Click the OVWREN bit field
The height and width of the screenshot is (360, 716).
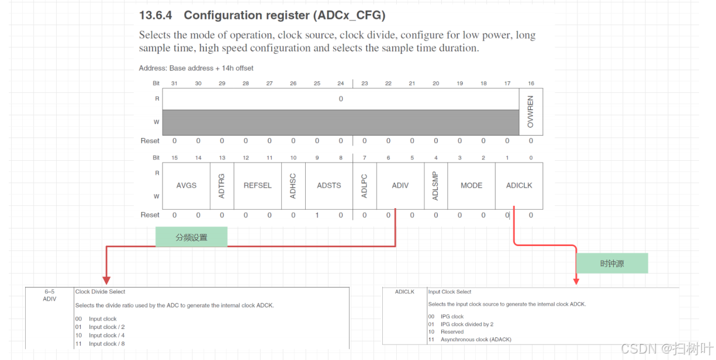pyautogui.click(x=531, y=112)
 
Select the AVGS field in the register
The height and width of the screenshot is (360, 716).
pyautogui.click(x=186, y=185)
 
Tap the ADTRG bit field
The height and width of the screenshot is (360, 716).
pyautogui.click(x=222, y=185)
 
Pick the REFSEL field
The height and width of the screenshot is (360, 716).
pyautogui.click(x=258, y=185)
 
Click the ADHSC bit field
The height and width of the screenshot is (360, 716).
pyautogui.click(x=293, y=185)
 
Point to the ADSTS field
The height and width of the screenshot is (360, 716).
pyautogui.click(x=329, y=185)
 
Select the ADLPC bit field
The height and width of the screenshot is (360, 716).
pyautogui.click(x=365, y=185)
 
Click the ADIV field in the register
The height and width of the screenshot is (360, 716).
pyautogui.click(x=400, y=185)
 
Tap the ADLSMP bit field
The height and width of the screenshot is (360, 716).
pyautogui.click(x=435, y=185)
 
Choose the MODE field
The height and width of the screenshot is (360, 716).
pyautogui.click(x=471, y=185)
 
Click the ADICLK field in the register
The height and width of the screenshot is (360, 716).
pyautogui.click(x=519, y=185)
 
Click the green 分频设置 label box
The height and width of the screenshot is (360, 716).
pyautogui.click(x=191, y=237)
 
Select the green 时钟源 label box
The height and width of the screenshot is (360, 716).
pyautogui.click(x=612, y=264)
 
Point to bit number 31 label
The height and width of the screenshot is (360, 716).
pyautogui.click(x=174, y=84)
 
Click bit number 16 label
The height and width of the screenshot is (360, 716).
pyautogui.click(x=531, y=84)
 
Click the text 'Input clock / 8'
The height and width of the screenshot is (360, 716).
pyautogui.click(x=106, y=344)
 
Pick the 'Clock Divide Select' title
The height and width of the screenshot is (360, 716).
pyautogui.click(x=100, y=292)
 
